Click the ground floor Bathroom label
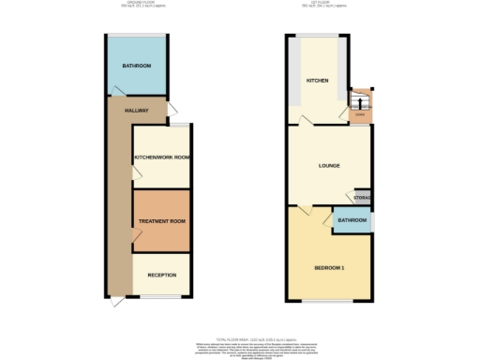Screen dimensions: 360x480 pos(137,66)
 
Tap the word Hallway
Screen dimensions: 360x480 pos(137,111)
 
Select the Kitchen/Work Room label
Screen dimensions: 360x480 pos(162,157)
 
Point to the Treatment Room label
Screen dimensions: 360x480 pos(161,221)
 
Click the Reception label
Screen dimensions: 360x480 pos(162,275)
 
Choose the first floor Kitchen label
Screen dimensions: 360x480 pos(317,82)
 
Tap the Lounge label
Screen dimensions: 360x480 pos(328,166)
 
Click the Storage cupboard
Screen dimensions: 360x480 pos(362,198)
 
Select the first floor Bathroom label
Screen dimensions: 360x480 pos(352,220)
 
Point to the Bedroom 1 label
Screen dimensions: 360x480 pos(329,269)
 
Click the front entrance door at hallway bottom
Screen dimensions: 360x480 pos(115,303)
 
